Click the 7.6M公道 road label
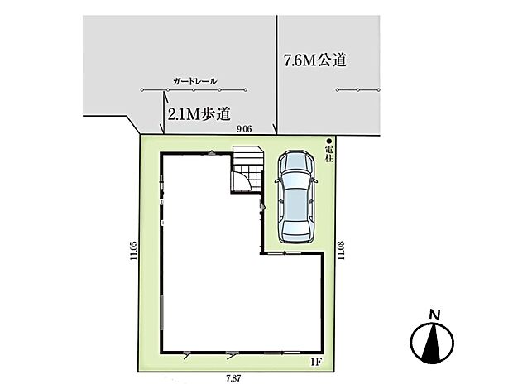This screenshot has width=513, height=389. (x=315, y=60)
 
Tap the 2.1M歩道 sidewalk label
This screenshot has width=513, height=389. (x=199, y=114)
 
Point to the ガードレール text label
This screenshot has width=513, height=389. (x=195, y=81)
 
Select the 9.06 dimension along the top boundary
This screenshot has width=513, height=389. (x=244, y=129)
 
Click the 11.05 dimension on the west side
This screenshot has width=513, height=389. (x=133, y=250)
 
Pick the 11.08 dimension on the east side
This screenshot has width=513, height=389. (x=341, y=250)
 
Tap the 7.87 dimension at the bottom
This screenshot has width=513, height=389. (x=233, y=378)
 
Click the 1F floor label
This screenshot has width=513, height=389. (x=316, y=363)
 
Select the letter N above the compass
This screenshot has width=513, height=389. (x=434, y=315)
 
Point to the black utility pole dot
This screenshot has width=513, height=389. (x=329, y=142)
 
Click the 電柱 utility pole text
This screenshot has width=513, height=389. (x=329, y=155)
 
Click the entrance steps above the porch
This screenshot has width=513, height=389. (x=248, y=156)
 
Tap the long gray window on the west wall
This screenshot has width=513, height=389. (x=161, y=313)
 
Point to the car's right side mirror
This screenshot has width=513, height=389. (x=315, y=180)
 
